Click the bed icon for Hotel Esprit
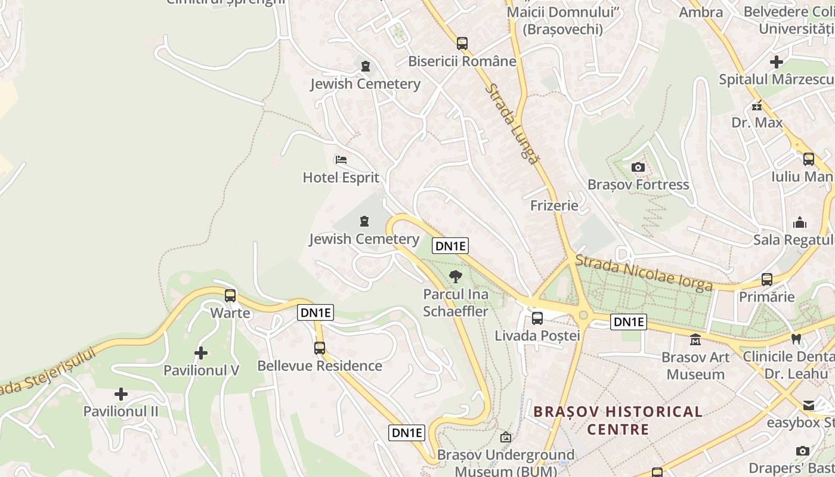click(341, 159)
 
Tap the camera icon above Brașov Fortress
click(638, 167)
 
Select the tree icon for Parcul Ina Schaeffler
click(456, 276)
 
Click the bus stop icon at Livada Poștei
click(537, 318)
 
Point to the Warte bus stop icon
click(230, 295)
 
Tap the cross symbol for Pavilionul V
click(201, 353)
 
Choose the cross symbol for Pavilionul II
click(121, 394)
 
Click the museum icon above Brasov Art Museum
click(695, 340)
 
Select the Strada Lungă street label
click(512, 122)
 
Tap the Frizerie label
click(554, 206)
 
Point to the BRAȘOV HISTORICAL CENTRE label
click(618, 420)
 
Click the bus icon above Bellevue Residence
click(320, 348)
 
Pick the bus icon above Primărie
click(767, 279)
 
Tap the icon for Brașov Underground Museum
click(506, 437)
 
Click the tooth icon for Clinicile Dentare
click(796, 339)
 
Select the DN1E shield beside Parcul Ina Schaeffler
click(450, 246)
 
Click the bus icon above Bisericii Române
click(462, 43)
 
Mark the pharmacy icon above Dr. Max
click(757, 106)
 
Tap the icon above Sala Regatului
click(800, 222)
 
